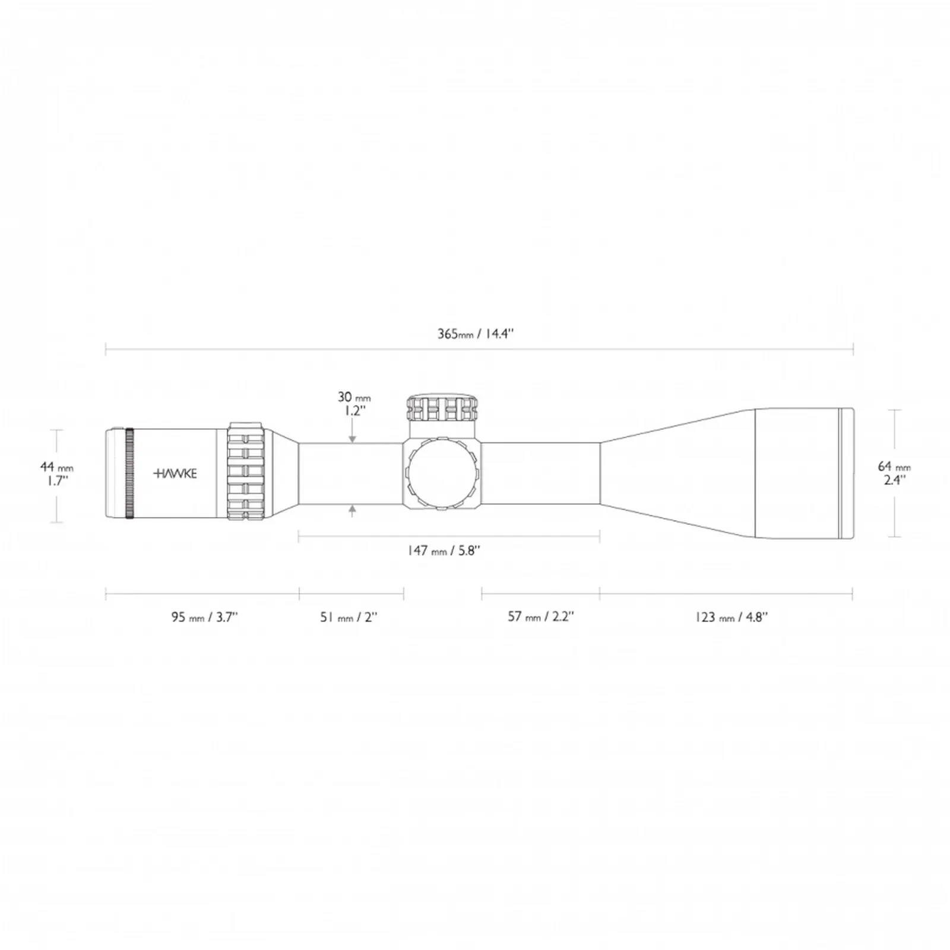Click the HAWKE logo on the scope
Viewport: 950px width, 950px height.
coord(175,474)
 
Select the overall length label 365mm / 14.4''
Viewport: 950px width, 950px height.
coord(476,334)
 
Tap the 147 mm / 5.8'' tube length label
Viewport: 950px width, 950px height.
coord(444,551)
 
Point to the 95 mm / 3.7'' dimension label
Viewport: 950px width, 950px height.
coord(204,617)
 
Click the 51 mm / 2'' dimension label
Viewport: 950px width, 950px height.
coord(349,617)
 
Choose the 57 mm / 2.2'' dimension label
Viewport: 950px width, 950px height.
coord(540,616)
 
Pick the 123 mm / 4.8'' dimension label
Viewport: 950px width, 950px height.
coord(731,617)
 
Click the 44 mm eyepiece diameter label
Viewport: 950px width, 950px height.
coord(57,467)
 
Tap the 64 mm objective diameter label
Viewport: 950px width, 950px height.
coord(894,467)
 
